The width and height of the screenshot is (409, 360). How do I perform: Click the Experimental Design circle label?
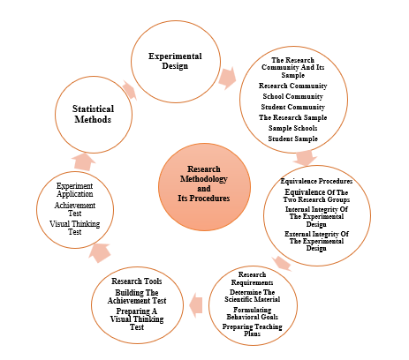click(x=175, y=61)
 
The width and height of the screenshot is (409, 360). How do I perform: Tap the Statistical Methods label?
click(x=93, y=114)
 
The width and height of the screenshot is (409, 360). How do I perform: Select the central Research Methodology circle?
click(x=204, y=187)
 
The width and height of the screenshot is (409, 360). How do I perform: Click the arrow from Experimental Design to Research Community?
click(x=227, y=78)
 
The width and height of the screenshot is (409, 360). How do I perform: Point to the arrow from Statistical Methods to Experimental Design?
click(x=130, y=90)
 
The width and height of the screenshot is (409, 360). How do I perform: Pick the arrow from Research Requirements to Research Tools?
click(x=196, y=305)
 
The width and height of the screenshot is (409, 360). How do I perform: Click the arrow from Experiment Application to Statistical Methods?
click(x=84, y=161)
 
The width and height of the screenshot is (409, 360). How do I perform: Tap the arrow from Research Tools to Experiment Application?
click(x=100, y=253)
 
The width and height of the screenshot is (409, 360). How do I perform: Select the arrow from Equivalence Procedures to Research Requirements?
click(x=282, y=263)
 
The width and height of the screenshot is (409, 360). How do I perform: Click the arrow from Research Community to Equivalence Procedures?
click(x=305, y=158)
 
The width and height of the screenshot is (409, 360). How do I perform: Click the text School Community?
click(x=292, y=96)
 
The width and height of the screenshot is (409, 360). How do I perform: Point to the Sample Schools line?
click(x=292, y=128)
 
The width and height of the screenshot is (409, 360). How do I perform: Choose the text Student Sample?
click(x=292, y=139)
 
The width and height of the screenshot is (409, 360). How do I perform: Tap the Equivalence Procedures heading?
click(x=316, y=181)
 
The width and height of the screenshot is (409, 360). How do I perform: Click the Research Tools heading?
click(x=137, y=281)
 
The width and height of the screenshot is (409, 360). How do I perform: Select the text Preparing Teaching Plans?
click(x=253, y=330)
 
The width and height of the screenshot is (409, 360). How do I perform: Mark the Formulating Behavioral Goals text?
click(x=253, y=313)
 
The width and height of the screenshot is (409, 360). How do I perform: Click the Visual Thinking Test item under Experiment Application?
click(x=75, y=228)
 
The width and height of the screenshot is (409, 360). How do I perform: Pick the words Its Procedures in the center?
click(x=204, y=199)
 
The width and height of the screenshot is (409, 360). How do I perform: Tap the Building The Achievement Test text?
click(x=137, y=296)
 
